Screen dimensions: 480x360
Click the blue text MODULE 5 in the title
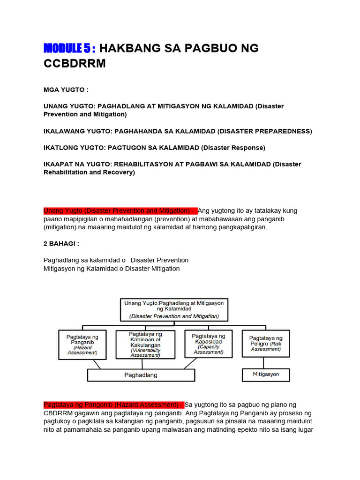click(x=69, y=48)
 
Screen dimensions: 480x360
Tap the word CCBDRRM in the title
click(x=75, y=64)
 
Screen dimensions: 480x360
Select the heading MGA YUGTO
click(x=66, y=90)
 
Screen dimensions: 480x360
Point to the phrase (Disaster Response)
click(x=233, y=148)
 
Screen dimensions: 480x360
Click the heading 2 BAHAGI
click(x=61, y=244)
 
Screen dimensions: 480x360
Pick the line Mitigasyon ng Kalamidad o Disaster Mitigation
click(x=112, y=269)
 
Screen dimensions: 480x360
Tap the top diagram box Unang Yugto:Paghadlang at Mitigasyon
click(x=174, y=310)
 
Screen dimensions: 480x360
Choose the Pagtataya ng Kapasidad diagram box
click(x=208, y=344)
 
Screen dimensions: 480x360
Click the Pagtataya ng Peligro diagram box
click(x=266, y=344)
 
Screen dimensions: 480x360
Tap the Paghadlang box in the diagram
click(x=141, y=375)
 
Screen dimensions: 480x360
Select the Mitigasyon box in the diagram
click(x=266, y=375)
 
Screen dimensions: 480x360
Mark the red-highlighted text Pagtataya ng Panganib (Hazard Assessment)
click(x=113, y=405)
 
